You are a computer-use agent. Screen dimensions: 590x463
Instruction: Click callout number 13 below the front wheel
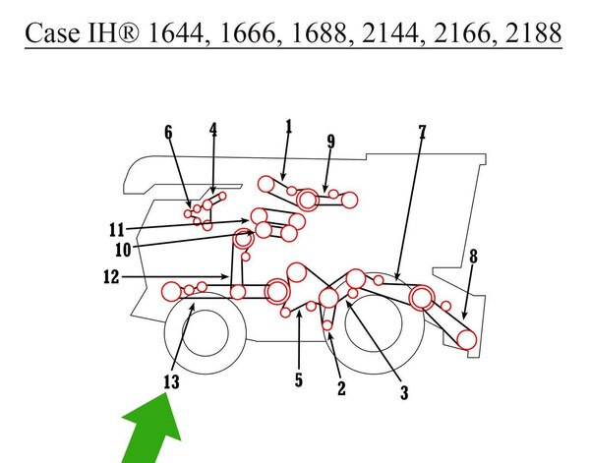[171, 382]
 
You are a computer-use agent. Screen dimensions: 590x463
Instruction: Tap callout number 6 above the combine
[168, 133]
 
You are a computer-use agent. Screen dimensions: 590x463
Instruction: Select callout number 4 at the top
[213, 130]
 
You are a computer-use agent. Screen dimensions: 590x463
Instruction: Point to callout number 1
[288, 127]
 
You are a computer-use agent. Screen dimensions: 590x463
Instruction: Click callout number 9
[330, 142]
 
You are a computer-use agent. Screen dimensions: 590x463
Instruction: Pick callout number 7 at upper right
[422, 133]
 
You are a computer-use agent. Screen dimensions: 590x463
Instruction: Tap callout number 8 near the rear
[473, 257]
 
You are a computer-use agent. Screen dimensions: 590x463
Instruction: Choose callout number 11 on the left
[117, 230]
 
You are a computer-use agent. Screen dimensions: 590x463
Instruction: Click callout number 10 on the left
[123, 250]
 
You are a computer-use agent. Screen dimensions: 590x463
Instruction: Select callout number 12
[111, 277]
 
